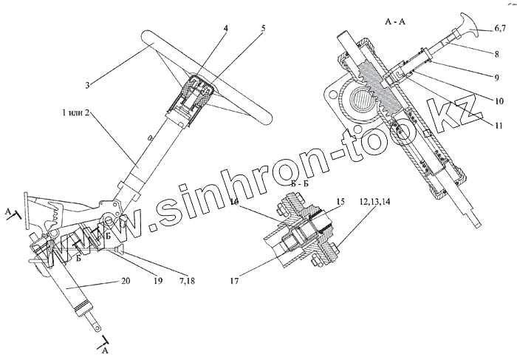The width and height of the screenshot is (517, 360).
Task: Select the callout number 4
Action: coord(227,29)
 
